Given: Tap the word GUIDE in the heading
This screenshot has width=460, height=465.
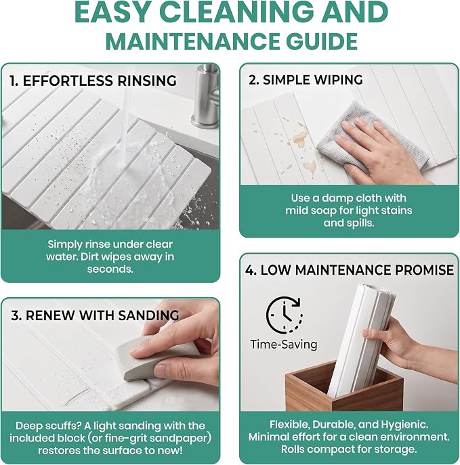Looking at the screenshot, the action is point(321,41).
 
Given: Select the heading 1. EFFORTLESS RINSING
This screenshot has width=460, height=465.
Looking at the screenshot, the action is point(93,81).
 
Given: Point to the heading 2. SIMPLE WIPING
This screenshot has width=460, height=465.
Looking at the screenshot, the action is point(306,80).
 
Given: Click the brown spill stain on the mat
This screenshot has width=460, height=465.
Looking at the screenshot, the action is point(299,139).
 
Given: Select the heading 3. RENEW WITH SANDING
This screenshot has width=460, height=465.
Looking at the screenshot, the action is point(95,315).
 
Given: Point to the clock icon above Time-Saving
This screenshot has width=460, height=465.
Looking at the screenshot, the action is point(285,315).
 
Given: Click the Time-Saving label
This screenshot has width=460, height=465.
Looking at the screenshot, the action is point(284,345).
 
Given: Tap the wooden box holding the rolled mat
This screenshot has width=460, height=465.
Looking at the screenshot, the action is point(341,389).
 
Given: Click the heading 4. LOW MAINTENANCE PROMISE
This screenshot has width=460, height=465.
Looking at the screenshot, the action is point(350,270).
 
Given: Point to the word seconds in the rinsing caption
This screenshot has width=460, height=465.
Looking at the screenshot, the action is point(110,269).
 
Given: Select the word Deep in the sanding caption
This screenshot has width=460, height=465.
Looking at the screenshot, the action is point(28,426).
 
